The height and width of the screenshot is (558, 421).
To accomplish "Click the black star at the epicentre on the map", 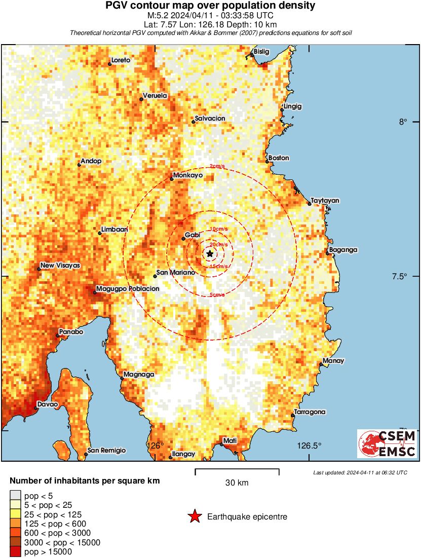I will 210,253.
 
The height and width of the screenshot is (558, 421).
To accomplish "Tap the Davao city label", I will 46,404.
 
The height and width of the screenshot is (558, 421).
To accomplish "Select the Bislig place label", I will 261,52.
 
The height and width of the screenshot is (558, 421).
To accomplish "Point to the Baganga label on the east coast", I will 343,250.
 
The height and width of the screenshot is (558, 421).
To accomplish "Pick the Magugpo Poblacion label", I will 128,288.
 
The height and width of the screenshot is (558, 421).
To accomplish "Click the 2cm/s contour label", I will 218,167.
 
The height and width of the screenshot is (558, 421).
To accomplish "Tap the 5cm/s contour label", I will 217,295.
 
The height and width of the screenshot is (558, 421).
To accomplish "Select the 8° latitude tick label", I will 403,122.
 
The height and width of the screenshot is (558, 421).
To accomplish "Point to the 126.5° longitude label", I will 309,446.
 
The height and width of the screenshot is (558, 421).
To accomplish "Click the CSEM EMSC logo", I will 387,444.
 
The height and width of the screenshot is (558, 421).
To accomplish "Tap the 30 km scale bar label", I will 237,483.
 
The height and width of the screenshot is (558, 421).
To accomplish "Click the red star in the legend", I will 194,516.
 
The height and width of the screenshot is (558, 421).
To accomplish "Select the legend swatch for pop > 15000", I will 16,551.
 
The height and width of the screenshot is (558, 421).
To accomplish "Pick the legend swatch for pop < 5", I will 16,496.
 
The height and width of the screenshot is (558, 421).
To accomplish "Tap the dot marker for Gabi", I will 183,238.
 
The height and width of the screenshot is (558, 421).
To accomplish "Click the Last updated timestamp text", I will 360,472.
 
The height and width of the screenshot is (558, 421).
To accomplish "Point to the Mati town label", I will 230,441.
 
